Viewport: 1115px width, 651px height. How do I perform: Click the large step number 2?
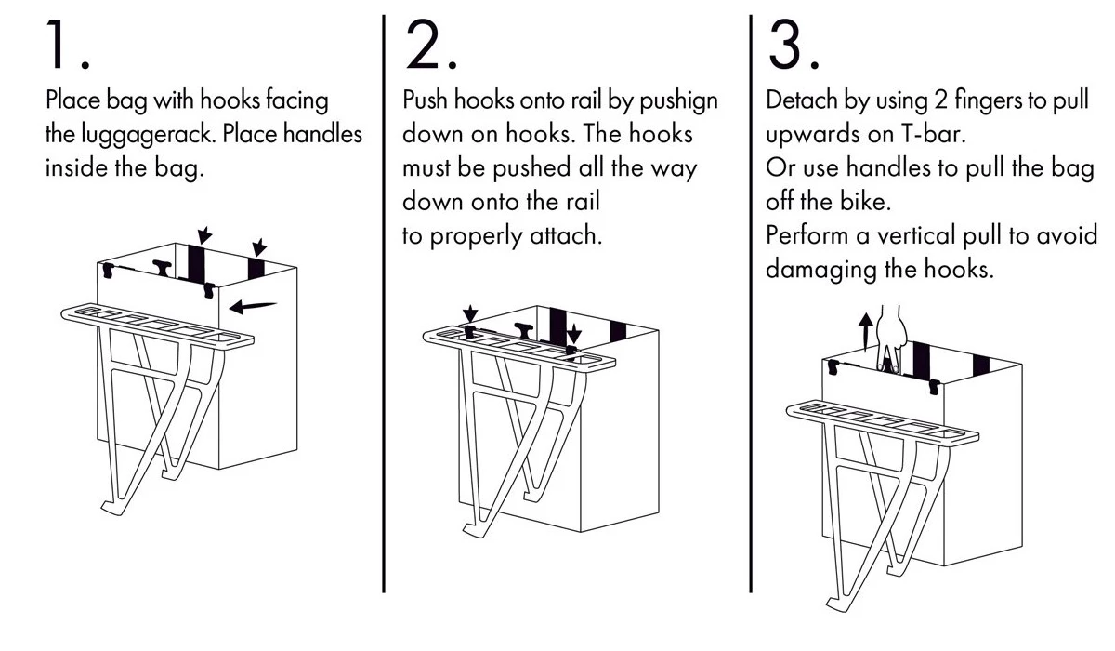[x=426, y=45]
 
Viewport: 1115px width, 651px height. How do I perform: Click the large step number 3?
[x=789, y=45]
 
